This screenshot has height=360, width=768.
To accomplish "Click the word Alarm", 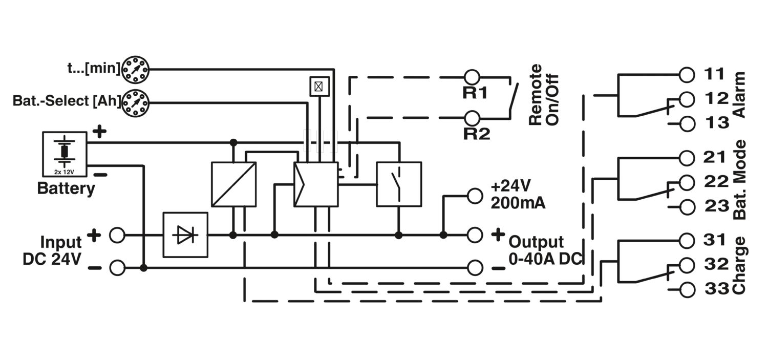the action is point(739,95).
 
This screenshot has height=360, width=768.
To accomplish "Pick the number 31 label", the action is point(715,240).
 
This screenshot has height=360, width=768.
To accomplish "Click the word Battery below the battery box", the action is point(66,189).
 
